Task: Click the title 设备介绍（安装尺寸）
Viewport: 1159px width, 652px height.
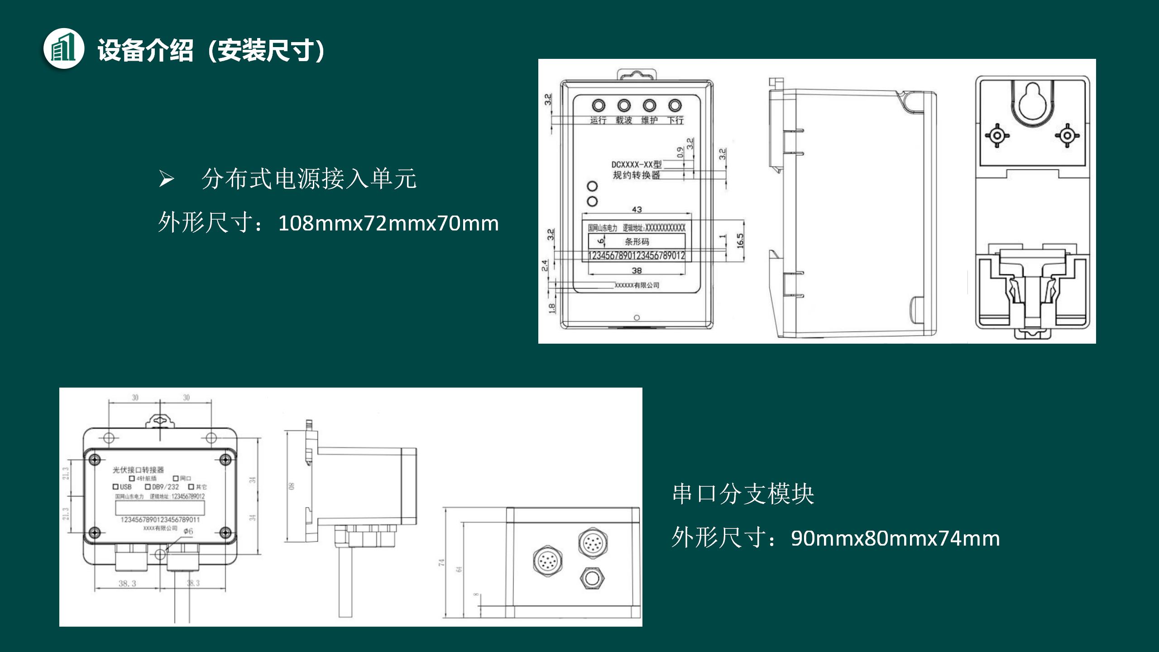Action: pyautogui.click(x=211, y=50)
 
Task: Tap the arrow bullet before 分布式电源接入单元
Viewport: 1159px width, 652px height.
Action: pyautogui.click(x=166, y=179)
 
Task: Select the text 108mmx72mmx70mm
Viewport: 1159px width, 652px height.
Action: pyautogui.click(x=388, y=223)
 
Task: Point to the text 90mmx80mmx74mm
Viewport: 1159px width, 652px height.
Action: pyautogui.click(x=895, y=538)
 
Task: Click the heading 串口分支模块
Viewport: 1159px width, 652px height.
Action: pyautogui.click(x=743, y=494)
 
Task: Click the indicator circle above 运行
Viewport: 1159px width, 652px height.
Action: pyautogui.click(x=598, y=106)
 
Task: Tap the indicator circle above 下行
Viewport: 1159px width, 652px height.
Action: pyautogui.click(x=675, y=106)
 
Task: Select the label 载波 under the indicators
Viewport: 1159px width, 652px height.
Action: pyautogui.click(x=623, y=120)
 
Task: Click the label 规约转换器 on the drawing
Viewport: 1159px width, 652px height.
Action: pyautogui.click(x=636, y=175)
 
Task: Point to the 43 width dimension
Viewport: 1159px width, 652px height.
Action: pyautogui.click(x=637, y=210)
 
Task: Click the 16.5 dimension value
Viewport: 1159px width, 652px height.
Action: pyautogui.click(x=740, y=240)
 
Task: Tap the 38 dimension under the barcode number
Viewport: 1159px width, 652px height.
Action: pyautogui.click(x=637, y=270)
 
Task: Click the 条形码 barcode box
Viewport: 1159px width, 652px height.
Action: pyautogui.click(x=637, y=242)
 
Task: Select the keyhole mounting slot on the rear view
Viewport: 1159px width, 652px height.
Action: pyautogui.click(x=1033, y=102)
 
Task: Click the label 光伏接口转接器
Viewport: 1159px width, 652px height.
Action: pyautogui.click(x=138, y=470)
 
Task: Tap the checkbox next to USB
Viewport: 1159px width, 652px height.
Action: pyautogui.click(x=116, y=487)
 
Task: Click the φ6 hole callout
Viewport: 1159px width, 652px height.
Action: pyautogui.click(x=188, y=531)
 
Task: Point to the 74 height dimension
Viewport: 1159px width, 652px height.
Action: pyautogui.click(x=442, y=563)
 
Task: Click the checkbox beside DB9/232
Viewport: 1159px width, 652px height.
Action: pyautogui.click(x=148, y=487)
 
